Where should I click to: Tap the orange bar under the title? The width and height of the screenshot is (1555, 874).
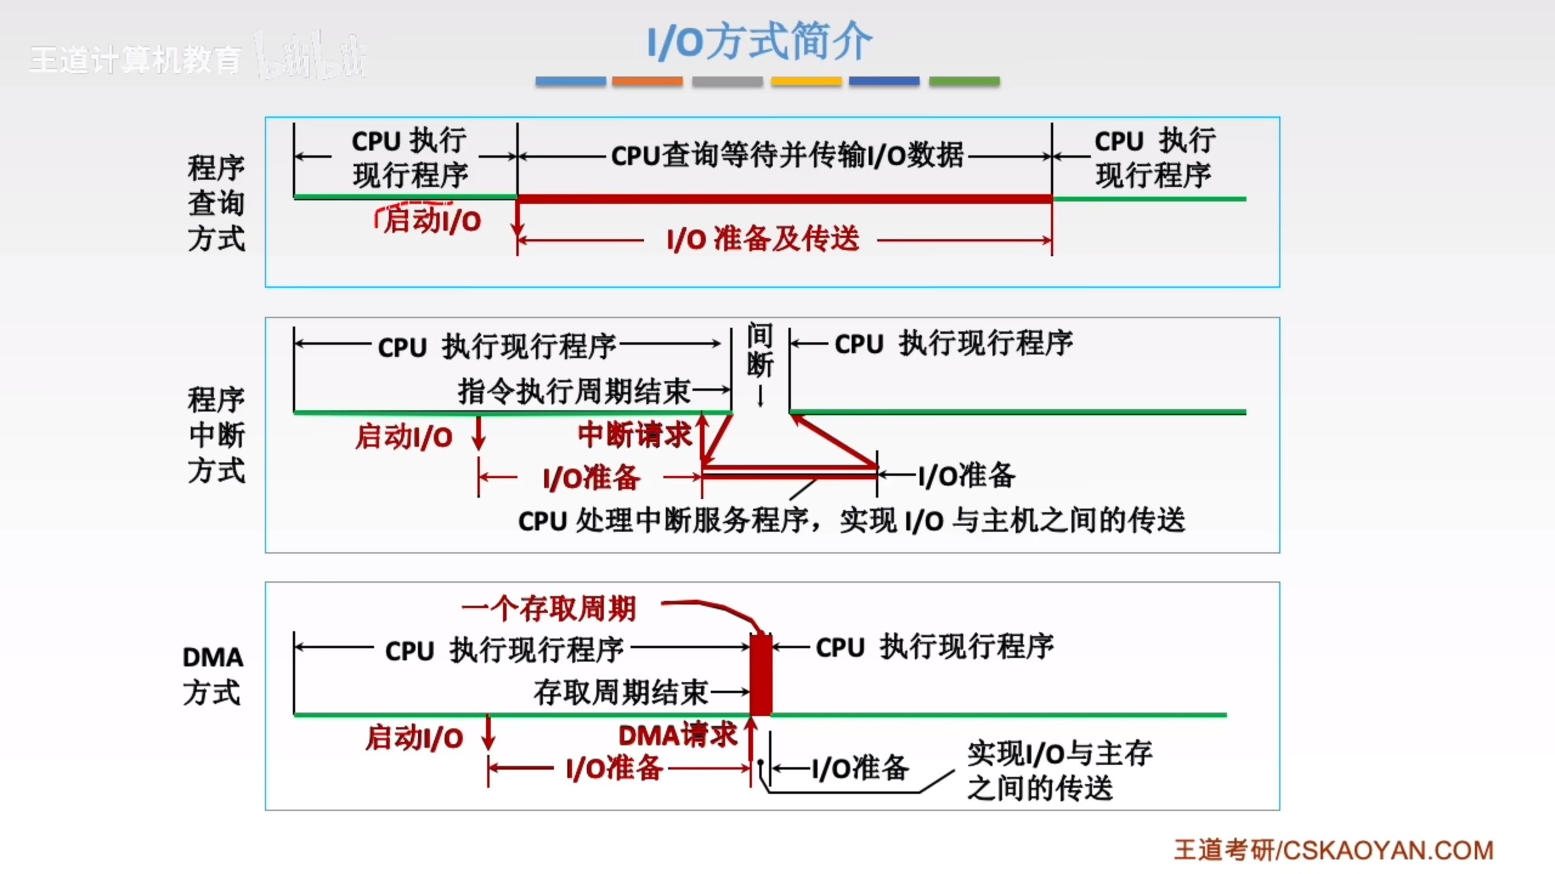pos(647,81)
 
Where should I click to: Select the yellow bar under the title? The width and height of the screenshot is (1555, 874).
pos(806,81)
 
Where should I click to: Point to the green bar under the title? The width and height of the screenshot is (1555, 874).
pos(964,81)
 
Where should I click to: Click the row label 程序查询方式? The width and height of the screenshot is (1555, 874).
pos(216,203)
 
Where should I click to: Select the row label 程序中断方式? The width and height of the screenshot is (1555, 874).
pos(216,435)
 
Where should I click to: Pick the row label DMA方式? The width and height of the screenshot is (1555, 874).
pos(213,675)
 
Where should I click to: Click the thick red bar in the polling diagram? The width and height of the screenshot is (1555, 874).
pos(784,199)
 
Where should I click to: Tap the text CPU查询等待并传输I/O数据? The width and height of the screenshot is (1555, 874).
pos(787,155)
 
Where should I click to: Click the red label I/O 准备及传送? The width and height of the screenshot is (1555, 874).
pos(763,239)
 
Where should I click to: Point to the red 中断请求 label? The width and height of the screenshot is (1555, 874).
pos(634,435)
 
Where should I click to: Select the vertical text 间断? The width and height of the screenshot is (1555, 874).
pos(760,350)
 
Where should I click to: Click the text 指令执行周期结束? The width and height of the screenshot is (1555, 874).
pos(574,391)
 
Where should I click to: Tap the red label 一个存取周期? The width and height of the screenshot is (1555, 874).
pos(549,609)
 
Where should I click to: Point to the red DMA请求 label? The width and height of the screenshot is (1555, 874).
pos(677,735)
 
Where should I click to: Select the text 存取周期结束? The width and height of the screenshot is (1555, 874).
pos(621,692)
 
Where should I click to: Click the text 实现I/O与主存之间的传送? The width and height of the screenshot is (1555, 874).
pos(1058,771)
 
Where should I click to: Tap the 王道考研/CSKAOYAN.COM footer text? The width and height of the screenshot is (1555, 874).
pos(1333,850)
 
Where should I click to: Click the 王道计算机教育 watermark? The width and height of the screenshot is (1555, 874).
pos(135,60)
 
